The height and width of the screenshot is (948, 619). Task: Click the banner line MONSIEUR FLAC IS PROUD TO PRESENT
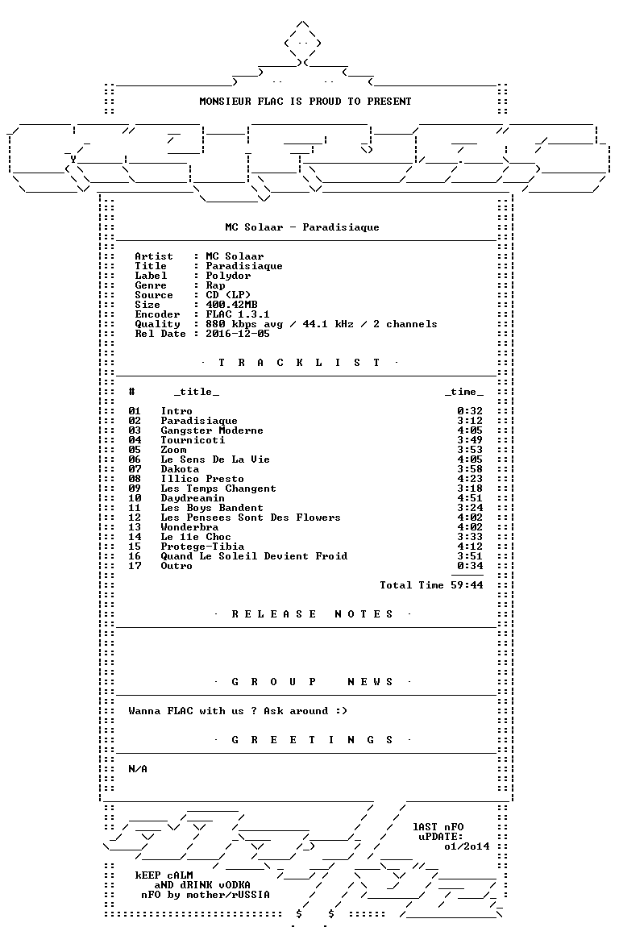305,102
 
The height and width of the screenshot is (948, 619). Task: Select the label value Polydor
228,276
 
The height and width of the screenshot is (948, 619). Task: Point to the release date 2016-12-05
238,334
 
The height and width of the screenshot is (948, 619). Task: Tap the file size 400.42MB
231,305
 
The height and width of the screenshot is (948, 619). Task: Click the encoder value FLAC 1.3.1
238,314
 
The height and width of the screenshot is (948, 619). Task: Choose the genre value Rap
215,285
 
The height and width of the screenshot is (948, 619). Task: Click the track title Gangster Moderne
211,430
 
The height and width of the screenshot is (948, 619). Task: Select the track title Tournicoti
192,440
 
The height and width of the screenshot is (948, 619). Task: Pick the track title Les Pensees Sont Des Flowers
250,518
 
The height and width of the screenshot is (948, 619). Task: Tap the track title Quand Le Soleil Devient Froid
254,556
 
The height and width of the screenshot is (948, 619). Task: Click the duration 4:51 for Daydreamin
470,498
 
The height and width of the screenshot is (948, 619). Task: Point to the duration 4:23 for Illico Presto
470,479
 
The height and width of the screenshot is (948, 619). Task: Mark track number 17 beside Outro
135,566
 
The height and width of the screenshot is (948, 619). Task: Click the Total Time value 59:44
467,585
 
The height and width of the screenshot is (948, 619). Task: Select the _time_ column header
463,393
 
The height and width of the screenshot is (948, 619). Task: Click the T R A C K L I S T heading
299,363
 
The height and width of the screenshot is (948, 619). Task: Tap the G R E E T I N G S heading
312,740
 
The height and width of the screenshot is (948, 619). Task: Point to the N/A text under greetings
138,769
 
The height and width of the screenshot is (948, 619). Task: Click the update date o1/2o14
467,846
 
